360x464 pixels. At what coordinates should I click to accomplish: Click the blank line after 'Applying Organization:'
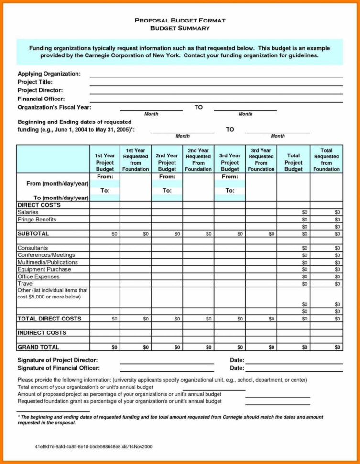(x=216, y=75)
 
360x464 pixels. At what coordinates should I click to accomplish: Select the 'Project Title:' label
(x=35, y=82)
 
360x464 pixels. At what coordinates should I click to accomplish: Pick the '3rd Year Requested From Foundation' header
(x=261, y=159)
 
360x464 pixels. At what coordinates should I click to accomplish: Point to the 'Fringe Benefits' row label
(x=37, y=219)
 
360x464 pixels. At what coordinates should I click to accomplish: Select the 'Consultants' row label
(x=33, y=248)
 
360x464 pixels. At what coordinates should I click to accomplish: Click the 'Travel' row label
(x=25, y=284)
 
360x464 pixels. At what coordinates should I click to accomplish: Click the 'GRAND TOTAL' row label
(x=38, y=347)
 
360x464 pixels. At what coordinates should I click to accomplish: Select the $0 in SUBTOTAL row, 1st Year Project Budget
(x=114, y=234)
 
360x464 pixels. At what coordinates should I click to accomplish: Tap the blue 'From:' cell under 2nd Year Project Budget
(x=167, y=177)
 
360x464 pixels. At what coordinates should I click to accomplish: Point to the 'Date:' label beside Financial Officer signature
(x=237, y=368)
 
